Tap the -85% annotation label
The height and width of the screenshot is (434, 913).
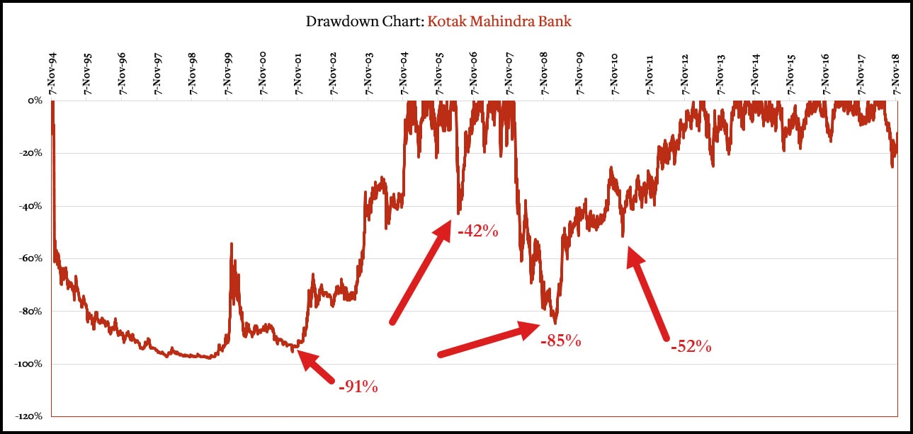pos(561,341)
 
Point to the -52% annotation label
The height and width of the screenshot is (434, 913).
pos(691,346)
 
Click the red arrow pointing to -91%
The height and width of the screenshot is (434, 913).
pos(316,367)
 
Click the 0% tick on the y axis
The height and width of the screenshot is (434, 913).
pos(35,101)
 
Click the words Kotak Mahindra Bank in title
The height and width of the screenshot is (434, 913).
pos(499,21)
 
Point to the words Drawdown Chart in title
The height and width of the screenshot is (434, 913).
pos(363,21)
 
